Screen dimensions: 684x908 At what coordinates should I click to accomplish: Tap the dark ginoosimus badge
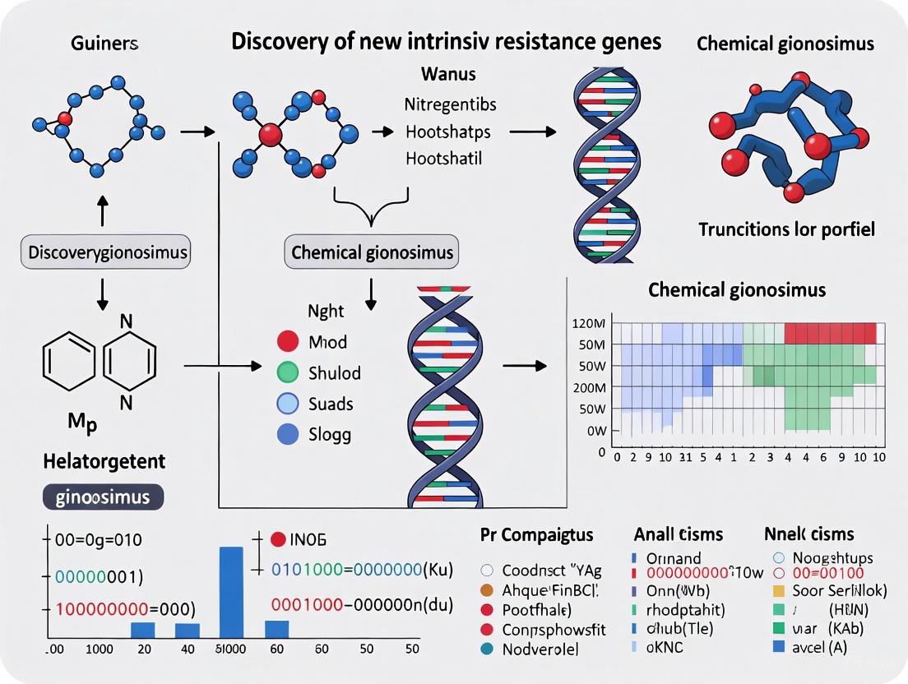(x=102, y=497)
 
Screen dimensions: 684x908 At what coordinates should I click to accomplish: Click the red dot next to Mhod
(x=288, y=342)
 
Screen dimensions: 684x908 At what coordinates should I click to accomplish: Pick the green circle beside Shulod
(x=288, y=372)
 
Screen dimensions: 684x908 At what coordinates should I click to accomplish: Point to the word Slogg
(x=331, y=434)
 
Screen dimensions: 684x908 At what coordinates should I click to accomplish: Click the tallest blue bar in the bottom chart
(x=231, y=592)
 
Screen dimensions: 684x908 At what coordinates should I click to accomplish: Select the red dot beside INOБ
(x=277, y=539)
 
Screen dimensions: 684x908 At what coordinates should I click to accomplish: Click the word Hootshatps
(x=448, y=132)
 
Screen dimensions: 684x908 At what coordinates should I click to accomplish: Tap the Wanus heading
(x=448, y=74)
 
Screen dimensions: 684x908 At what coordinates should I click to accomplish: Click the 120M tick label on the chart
(x=588, y=323)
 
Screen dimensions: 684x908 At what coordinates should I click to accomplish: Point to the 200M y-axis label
(x=588, y=387)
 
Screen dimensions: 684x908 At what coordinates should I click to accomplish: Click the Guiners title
(x=104, y=44)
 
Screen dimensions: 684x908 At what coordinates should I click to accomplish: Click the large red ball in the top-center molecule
(x=270, y=134)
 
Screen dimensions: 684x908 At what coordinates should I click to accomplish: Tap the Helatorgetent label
(x=104, y=461)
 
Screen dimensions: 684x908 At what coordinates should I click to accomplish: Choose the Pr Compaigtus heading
(x=536, y=534)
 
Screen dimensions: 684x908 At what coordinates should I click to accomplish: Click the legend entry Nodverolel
(x=540, y=649)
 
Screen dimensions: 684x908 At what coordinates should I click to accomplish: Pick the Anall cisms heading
(x=679, y=534)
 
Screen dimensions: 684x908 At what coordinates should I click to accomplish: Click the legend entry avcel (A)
(x=818, y=647)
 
